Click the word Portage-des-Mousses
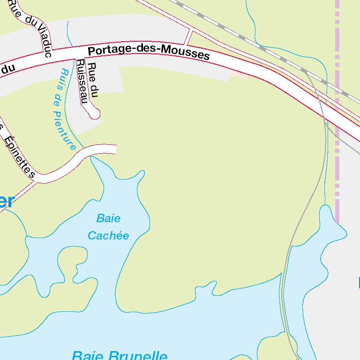[149, 52]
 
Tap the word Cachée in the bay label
[108, 235]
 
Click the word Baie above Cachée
[108, 218]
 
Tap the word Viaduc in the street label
[44, 37]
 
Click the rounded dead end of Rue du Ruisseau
[94, 113]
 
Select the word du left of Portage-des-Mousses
[8, 68]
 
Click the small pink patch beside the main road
[239, 75]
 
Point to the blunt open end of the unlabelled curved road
[114, 149]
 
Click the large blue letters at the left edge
[7, 201]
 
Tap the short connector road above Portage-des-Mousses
[188, 38]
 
